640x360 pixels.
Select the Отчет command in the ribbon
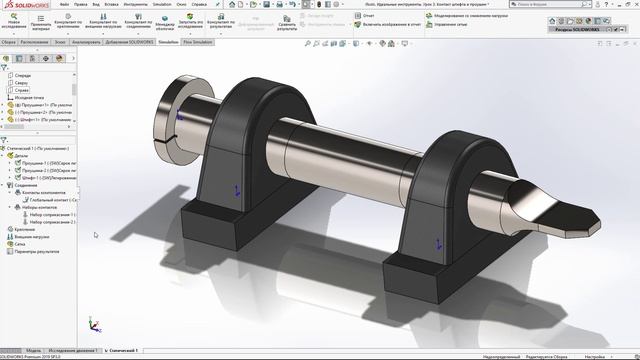(x=364, y=16)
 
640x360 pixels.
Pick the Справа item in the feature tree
(x=21, y=90)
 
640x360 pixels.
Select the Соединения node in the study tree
(x=25, y=185)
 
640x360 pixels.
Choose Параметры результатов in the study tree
(x=38, y=251)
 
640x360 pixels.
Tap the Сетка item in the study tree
(x=20, y=243)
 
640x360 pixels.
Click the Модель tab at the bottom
(x=34, y=351)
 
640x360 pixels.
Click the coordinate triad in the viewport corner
(x=94, y=326)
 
